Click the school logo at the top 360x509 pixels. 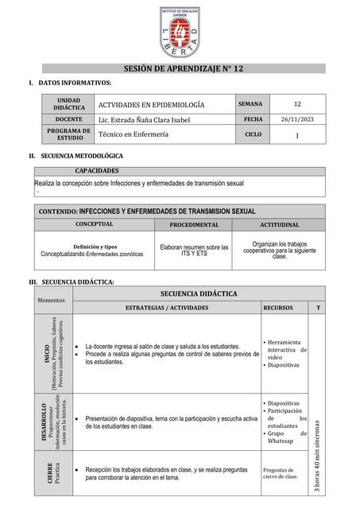[179, 33]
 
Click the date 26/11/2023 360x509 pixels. [296, 119]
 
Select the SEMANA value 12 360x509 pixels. [296, 104]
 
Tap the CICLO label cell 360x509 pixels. [252, 135]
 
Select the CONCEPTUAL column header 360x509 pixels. [95, 225]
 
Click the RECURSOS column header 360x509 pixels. [277, 307]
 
